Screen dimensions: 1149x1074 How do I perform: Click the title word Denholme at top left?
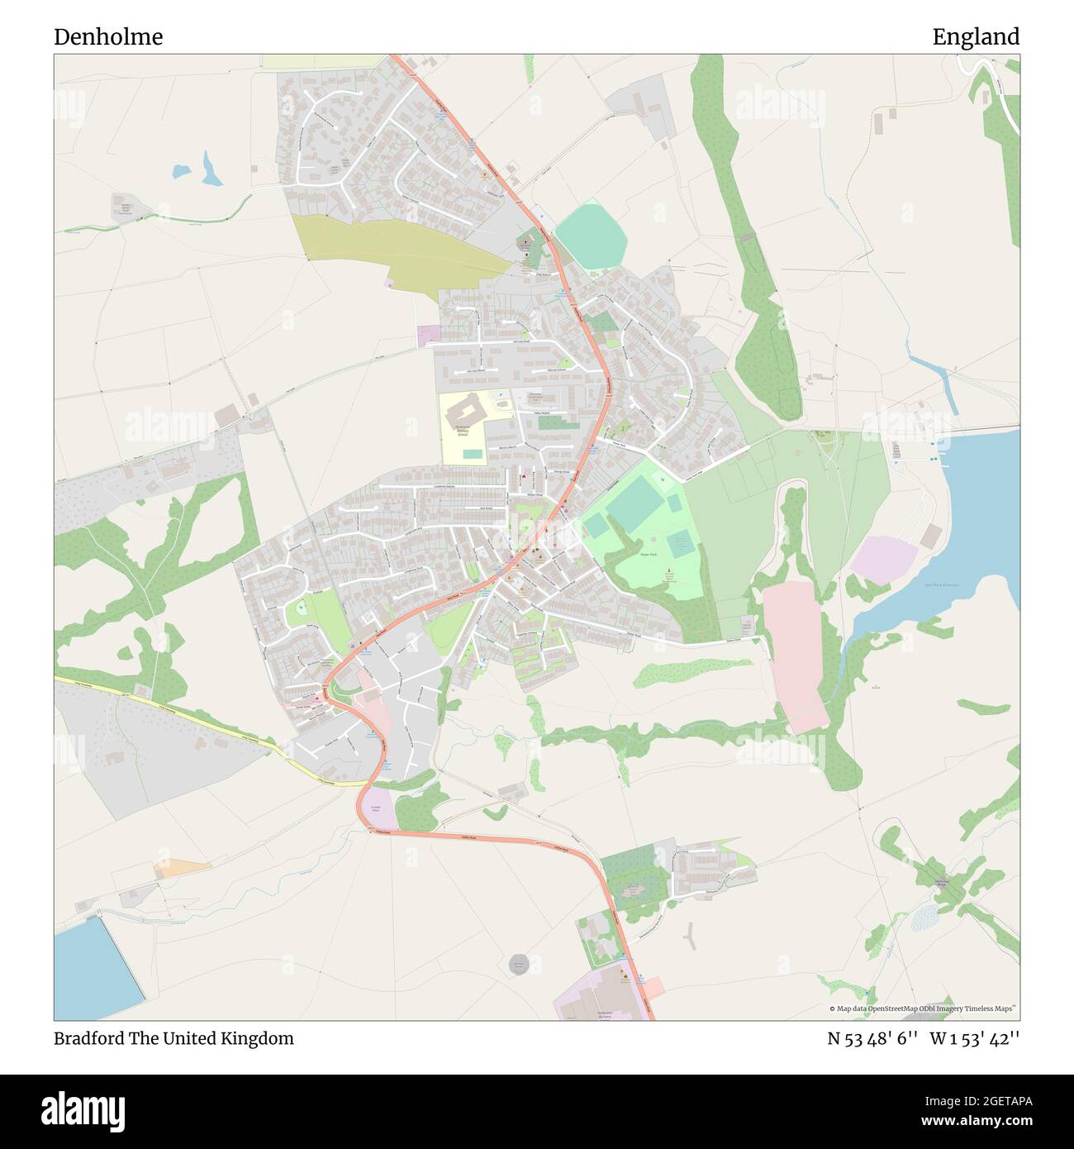pyautogui.click(x=108, y=37)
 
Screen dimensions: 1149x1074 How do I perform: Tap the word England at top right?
pyautogui.click(x=976, y=37)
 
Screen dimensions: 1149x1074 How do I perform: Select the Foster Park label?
pyautogui.click(x=649, y=555)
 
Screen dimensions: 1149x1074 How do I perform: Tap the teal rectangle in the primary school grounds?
pyautogui.click(x=472, y=454)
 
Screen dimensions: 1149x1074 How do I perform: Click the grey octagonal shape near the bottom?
pyautogui.click(x=518, y=965)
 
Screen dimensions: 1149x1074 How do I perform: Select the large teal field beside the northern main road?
pyautogui.click(x=591, y=235)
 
